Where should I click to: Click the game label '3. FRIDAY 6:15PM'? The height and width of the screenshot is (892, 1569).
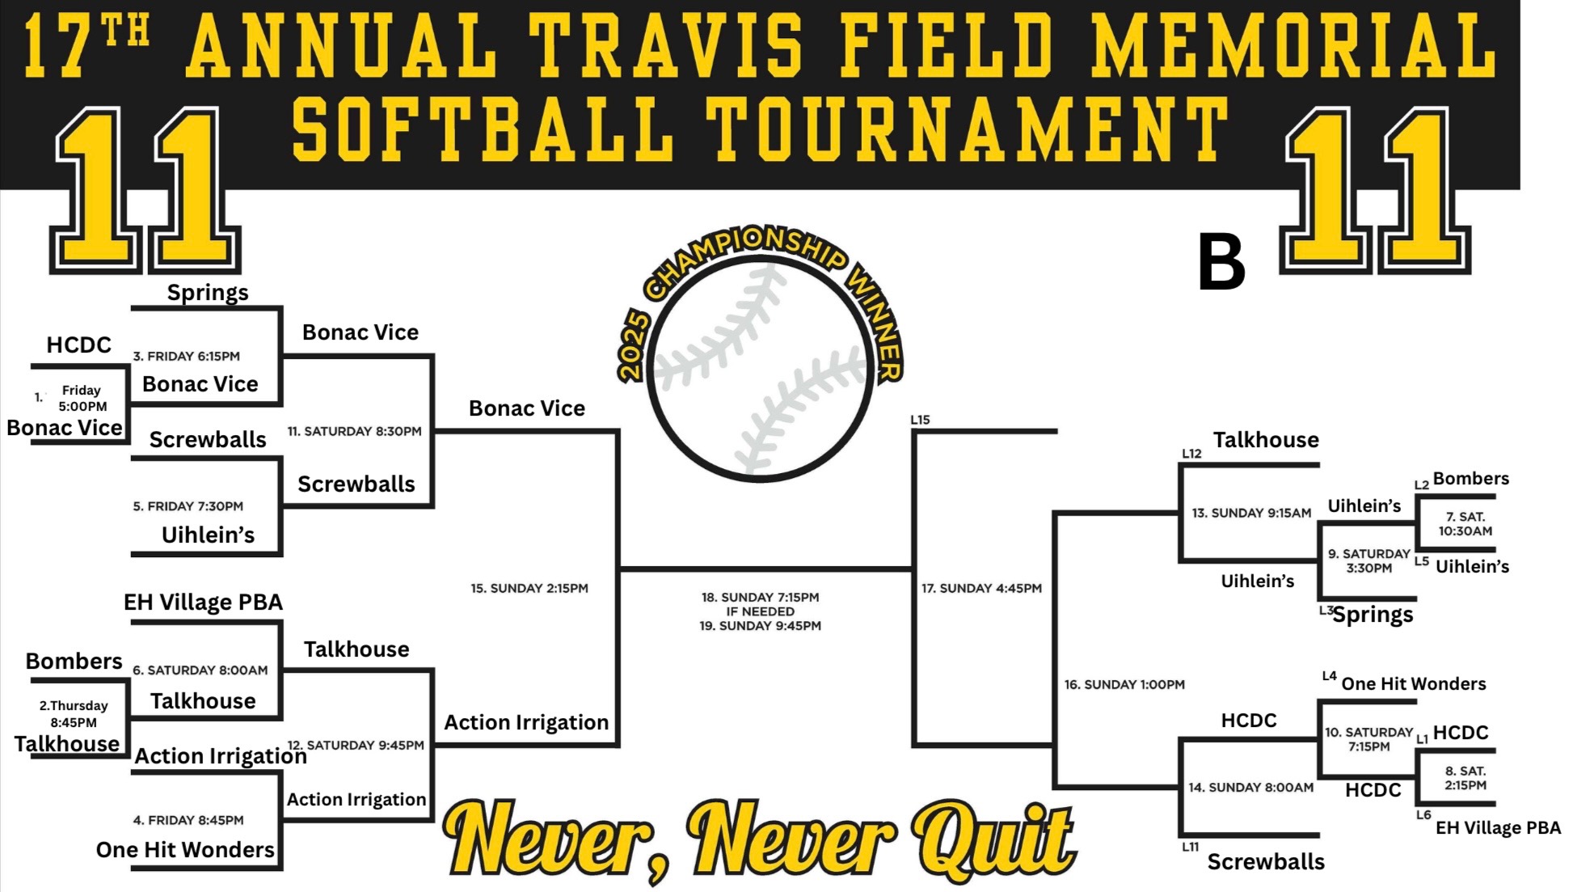187,356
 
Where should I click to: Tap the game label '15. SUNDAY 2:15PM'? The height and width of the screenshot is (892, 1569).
529,588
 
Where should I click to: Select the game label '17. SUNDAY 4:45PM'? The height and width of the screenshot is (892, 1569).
981,588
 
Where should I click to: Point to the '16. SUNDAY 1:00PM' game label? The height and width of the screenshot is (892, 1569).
1124,684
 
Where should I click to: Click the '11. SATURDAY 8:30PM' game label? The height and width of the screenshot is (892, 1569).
355,431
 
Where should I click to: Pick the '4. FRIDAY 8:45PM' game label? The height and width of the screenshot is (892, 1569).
188,820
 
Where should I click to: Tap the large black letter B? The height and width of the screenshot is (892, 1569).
1221,261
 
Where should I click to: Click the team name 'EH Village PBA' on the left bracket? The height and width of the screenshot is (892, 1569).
203,602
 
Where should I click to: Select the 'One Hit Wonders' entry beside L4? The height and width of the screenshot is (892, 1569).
1414,683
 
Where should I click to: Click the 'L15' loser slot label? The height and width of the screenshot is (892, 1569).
920,420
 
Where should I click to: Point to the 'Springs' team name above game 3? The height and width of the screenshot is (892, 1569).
208,293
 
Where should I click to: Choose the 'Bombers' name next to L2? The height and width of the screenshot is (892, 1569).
1471,478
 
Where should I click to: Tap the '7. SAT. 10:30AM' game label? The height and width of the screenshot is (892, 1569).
1466,524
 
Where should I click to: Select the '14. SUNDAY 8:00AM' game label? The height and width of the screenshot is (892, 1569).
1251,787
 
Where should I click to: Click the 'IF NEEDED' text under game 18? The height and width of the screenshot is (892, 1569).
760,611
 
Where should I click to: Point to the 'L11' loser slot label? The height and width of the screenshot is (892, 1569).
1190,847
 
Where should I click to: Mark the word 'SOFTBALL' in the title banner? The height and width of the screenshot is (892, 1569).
483,129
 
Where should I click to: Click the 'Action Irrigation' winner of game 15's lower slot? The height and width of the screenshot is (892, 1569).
526,722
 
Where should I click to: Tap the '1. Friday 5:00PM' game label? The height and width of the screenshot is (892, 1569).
82,398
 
